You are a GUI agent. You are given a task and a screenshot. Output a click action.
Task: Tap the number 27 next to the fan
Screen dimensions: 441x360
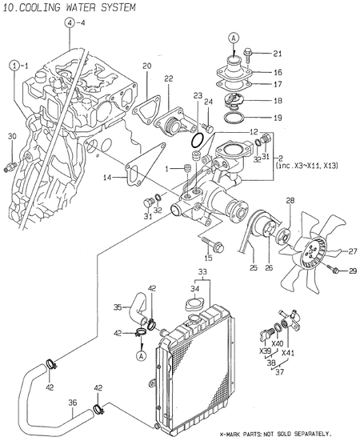click(x=352, y=251)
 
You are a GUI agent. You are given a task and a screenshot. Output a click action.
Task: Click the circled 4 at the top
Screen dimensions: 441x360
click(x=70, y=24)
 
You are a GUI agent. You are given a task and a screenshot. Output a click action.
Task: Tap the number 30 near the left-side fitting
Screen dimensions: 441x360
click(x=11, y=136)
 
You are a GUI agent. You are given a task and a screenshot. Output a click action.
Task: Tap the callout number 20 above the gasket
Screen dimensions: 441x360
click(x=146, y=65)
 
